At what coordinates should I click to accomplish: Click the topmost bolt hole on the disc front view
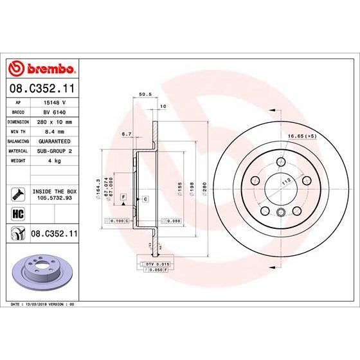[280, 163]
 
